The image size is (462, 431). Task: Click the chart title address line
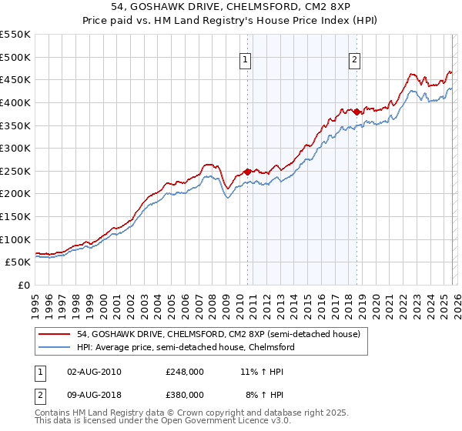(231, 7)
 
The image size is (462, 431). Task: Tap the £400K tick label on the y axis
(15, 102)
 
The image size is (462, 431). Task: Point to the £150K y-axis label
(15, 216)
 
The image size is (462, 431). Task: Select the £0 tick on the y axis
(23, 285)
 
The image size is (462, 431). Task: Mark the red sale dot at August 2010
(247, 172)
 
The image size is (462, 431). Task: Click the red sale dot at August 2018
(357, 112)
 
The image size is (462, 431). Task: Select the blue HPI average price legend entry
(186, 348)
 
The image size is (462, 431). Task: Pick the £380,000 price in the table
(184, 394)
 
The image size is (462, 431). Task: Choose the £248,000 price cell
(184, 371)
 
